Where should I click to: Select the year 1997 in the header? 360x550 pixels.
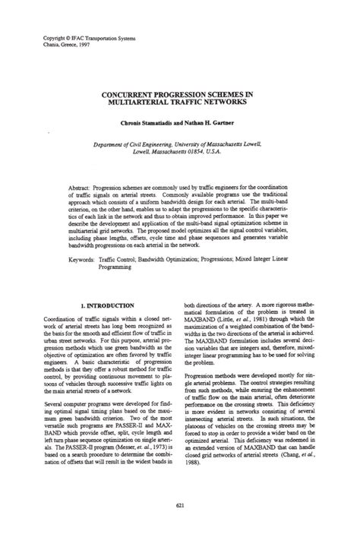90,44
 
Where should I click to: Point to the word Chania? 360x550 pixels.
53,44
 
